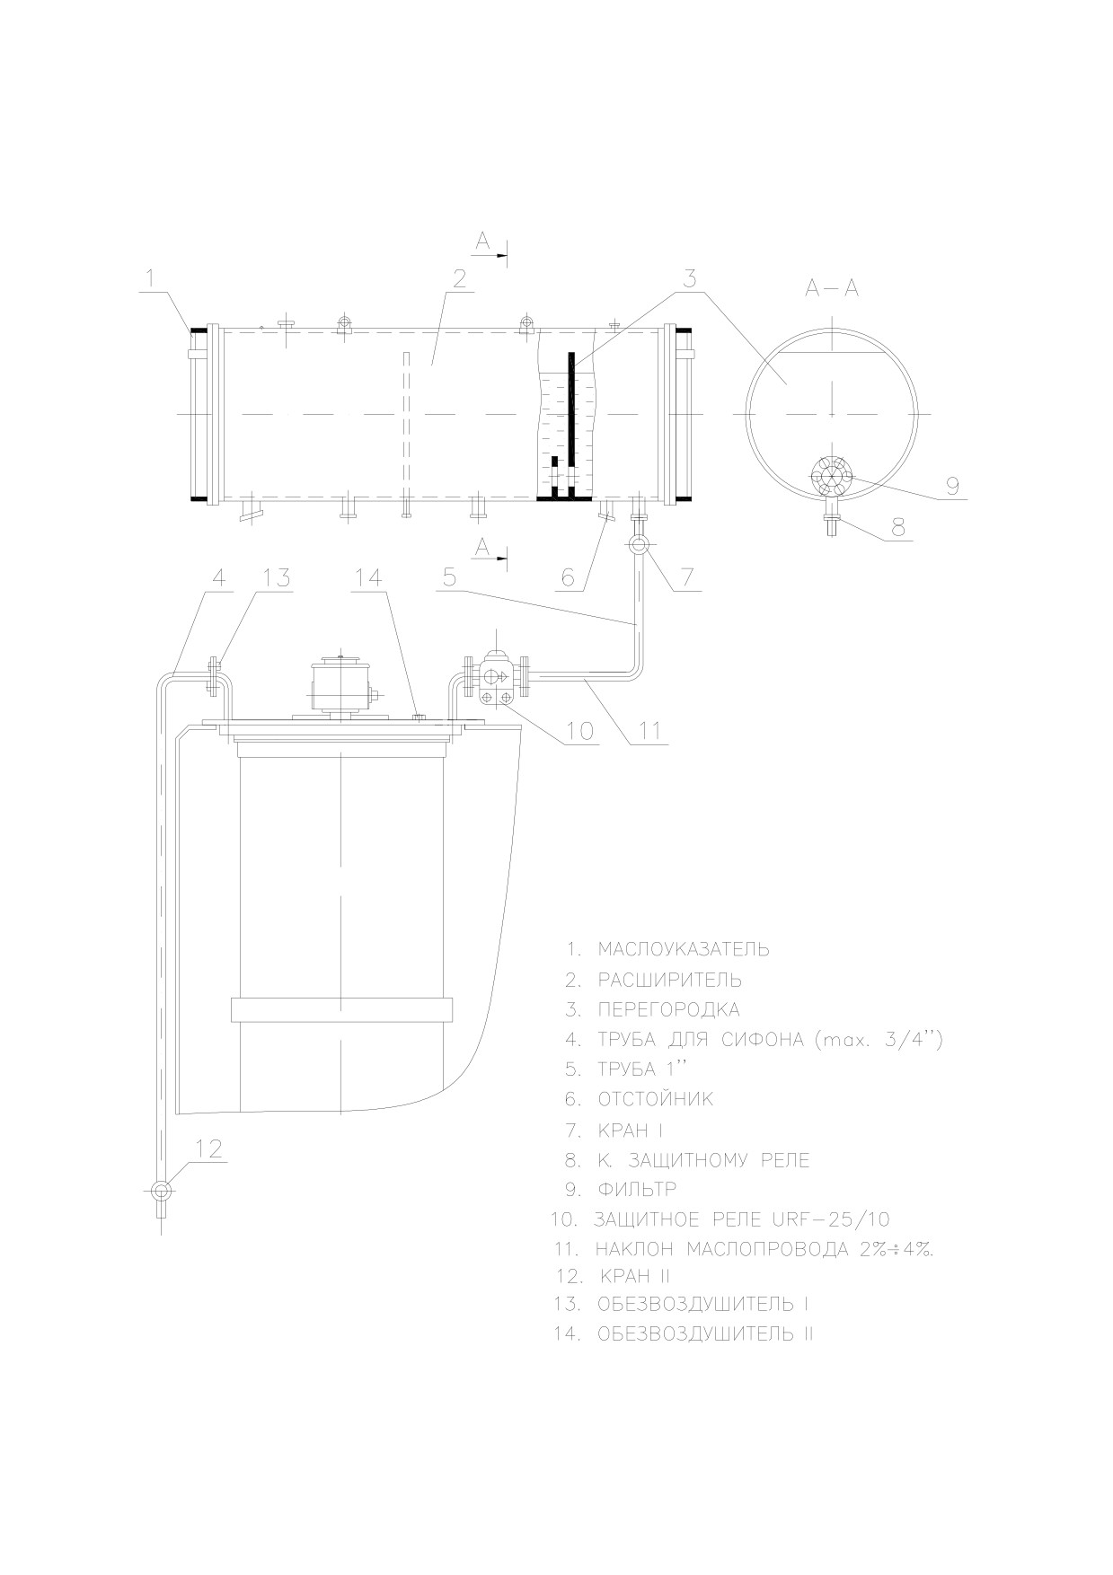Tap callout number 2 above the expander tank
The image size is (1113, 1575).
coord(460,278)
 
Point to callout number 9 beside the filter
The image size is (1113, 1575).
coord(951,486)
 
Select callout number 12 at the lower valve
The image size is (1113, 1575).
coord(208,1148)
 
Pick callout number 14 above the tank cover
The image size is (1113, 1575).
coord(369,577)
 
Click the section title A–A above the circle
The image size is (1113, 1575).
coord(832,288)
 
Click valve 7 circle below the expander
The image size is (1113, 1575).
coord(639,544)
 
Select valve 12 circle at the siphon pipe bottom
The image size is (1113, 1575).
coord(162,1191)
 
